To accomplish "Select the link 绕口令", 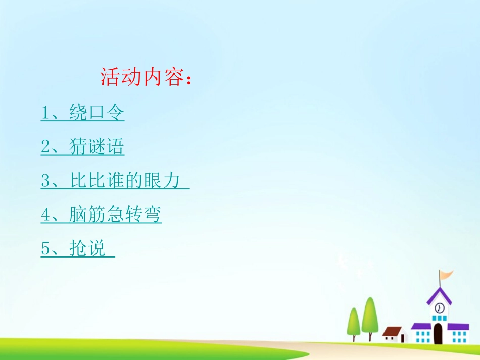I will click(x=97, y=113).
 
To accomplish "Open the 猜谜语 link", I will click(x=97, y=147).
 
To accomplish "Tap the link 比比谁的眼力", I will click(x=125, y=181).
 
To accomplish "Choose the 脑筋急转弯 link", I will click(x=115, y=215).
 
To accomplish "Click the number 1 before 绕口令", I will click(x=45, y=113).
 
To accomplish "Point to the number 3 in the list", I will click(x=45, y=181).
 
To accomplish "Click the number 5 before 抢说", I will click(x=45, y=249).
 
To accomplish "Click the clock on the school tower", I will click(x=439, y=307).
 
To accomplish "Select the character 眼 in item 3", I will click(x=152, y=181).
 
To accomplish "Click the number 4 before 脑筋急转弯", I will click(x=45, y=215).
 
